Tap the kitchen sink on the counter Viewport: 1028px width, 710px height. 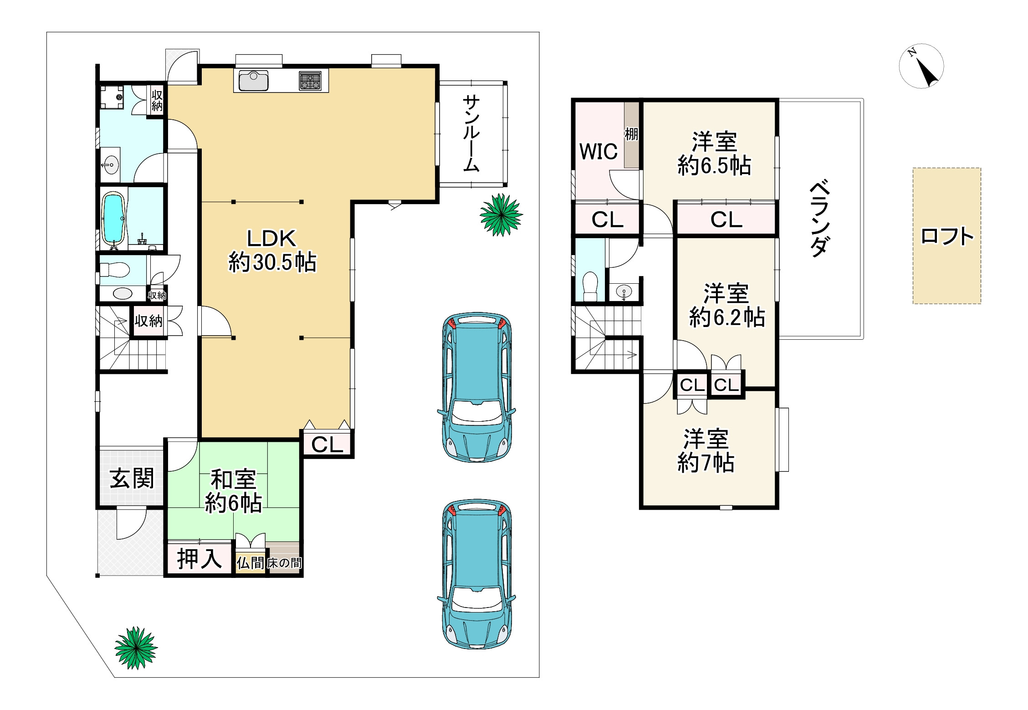click(x=253, y=81)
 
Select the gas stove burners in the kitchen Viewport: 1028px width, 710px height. click(x=310, y=81)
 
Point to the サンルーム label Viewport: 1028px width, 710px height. click(x=471, y=133)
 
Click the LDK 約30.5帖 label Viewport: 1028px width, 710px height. click(x=272, y=251)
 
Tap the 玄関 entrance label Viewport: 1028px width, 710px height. click(x=132, y=478)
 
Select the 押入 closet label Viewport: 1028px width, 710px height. click(x=199, y=559)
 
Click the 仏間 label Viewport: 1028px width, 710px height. click(x=250, y=563)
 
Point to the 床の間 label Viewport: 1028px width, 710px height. click(x=284, y=563)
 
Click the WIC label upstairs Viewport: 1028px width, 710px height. click(x=598, y=152)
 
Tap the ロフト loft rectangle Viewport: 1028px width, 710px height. click(x=946, y=236)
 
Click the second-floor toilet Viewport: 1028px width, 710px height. click(x=590, y=286)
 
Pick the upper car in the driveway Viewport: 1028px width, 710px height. click(x=477, y=387)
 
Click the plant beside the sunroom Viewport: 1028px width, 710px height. click(x=501, y=215)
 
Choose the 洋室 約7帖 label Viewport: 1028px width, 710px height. click(x=706, y=451)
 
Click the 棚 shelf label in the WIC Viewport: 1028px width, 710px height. click(x=631, y=134)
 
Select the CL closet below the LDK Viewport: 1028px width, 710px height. click(x=327, y=444)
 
